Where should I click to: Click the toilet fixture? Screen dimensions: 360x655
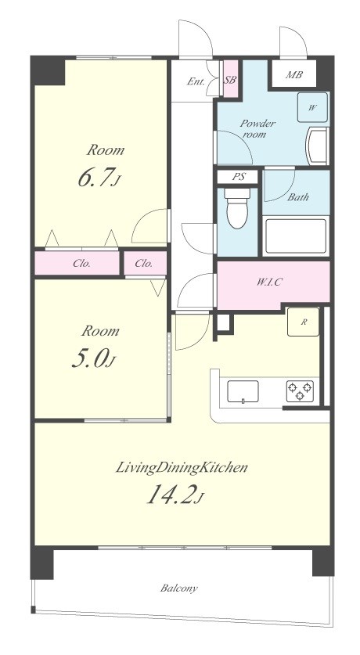tap(237, 208)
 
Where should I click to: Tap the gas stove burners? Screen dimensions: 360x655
tap(300, 391)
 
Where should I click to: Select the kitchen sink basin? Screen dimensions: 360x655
tap(243, 392)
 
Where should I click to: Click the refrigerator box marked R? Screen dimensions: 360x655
tap(303, 322)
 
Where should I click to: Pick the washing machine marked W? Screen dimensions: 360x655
tap(312, 107)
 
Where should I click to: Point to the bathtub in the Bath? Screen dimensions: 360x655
tap(296, 236)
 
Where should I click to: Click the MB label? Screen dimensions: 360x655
tap(294, 75)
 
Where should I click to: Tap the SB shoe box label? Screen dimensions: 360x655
tap(230, 80)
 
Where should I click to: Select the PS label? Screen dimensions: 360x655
tap(238, 177)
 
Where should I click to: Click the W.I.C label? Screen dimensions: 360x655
tap(268, 282)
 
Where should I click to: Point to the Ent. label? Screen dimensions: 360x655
tap(196, 81)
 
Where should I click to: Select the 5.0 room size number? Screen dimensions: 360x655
tap(92, 360)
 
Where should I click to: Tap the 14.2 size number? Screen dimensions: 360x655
tap(175, 495)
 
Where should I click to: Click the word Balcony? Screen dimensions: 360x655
tap(178, 588)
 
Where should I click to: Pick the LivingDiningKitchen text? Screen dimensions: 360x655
tap(182, 467)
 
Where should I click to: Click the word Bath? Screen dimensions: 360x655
tap(298, 197)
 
